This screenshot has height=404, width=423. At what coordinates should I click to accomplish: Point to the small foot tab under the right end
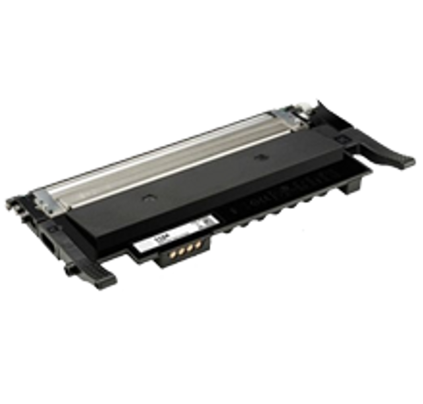point(344,191)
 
